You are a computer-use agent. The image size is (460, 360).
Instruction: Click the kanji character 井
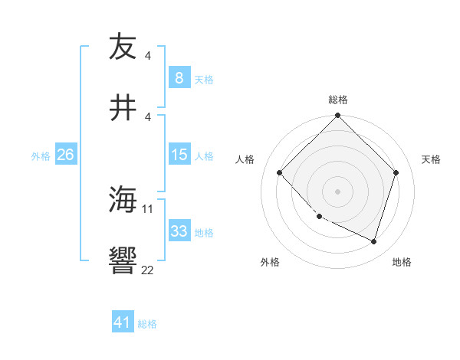123,108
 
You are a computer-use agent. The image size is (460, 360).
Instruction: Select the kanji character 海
123,201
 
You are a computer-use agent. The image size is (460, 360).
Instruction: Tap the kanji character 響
123,262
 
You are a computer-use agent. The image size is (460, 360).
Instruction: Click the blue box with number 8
179,77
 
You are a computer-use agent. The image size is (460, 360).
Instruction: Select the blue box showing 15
179,155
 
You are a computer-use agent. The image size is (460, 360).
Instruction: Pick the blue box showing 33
179,231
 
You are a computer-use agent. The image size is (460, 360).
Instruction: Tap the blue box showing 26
65,155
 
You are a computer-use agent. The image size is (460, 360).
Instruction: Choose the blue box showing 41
123,323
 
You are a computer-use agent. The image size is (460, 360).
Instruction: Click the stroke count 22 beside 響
148,270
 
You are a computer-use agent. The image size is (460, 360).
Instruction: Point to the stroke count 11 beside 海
148,208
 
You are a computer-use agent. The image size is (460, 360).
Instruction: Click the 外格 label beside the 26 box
41,155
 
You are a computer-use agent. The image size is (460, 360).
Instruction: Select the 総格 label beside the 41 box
147,324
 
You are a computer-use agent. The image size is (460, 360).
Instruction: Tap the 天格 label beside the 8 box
204,78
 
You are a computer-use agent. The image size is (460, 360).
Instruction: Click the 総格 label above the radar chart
337,100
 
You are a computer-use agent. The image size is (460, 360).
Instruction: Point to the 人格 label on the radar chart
245,159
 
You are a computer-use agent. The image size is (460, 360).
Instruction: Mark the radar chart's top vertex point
337,116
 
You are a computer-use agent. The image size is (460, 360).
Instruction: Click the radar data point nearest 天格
396,172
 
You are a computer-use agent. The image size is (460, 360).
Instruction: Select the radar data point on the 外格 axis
320,217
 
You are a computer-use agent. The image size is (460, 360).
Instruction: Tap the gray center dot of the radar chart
337,191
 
